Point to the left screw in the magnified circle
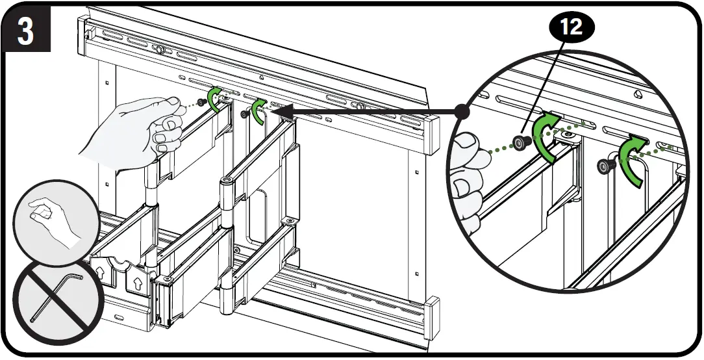[x=520, y=142]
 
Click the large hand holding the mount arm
[x=136, y=130]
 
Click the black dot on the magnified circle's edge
[x=462, y=112]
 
